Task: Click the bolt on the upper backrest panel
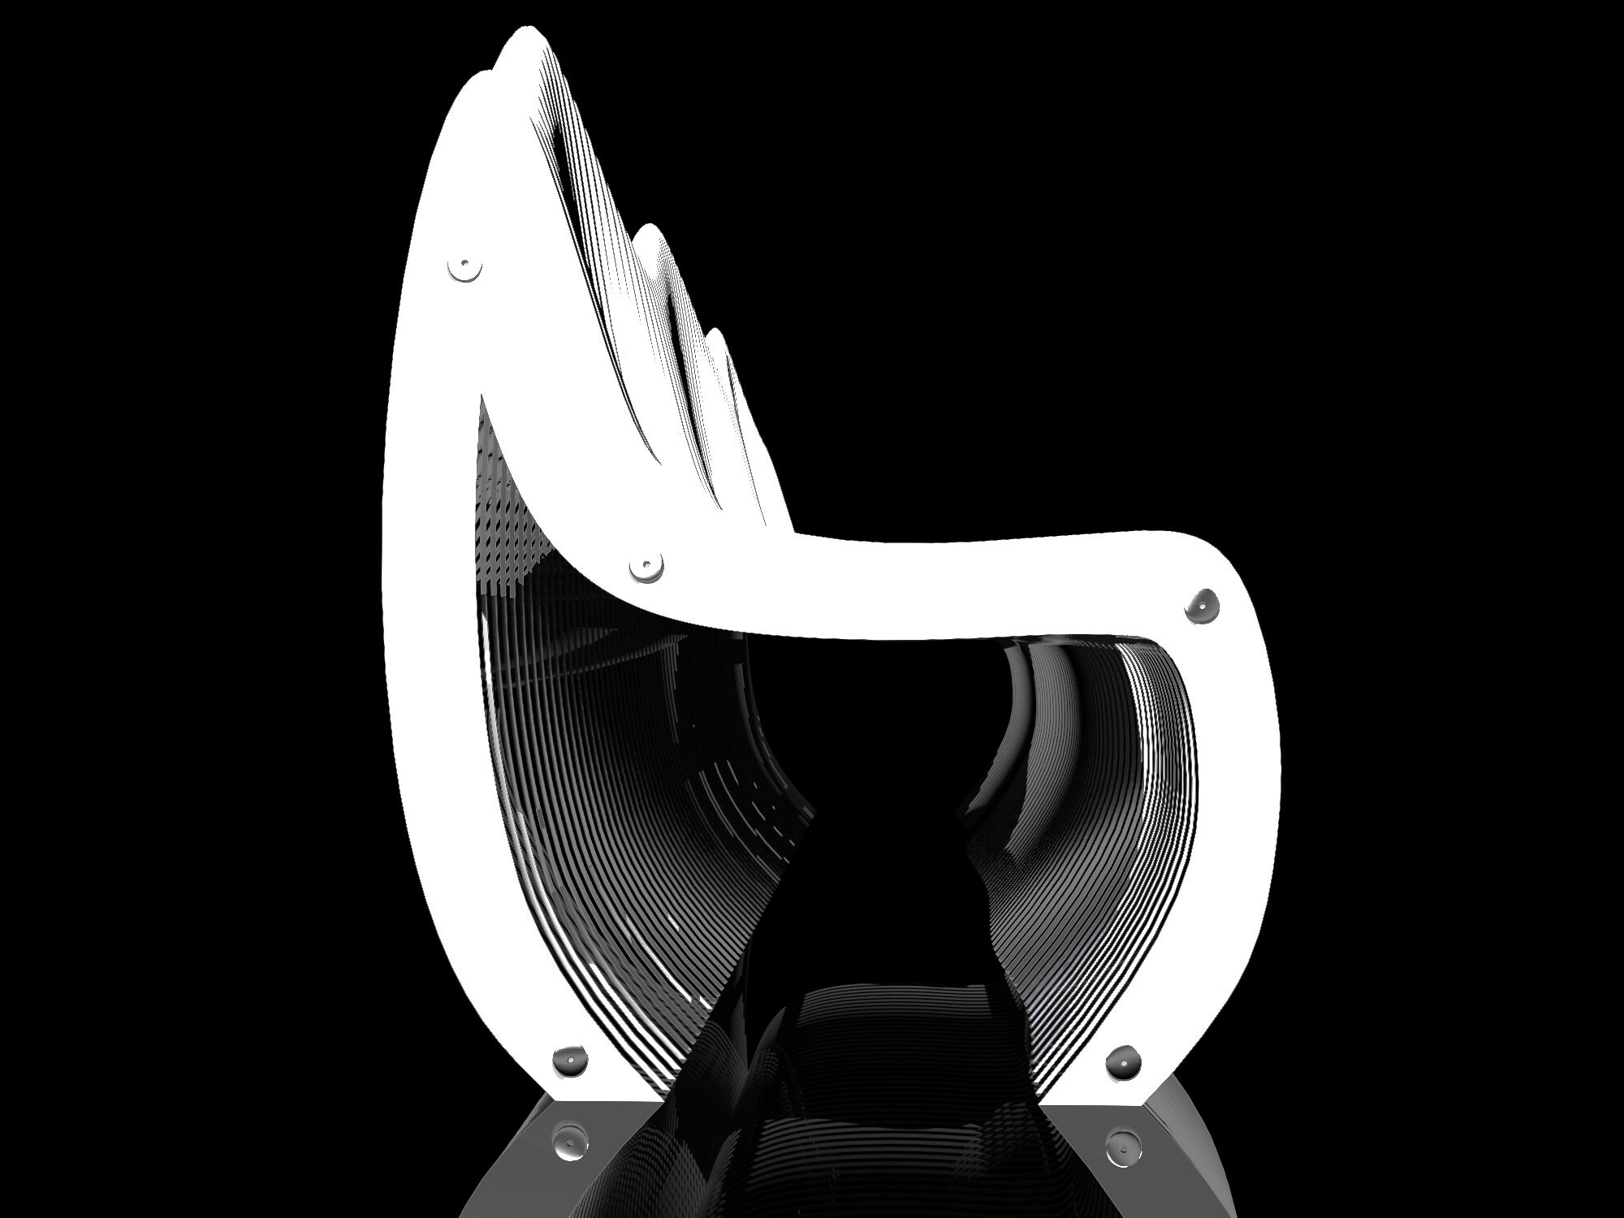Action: (464, 266)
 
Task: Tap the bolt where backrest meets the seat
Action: (646, 564)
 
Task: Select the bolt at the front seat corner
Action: (1203, 606)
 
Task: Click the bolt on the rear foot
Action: (569, 1060)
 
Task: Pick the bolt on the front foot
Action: (1124, 1061)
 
